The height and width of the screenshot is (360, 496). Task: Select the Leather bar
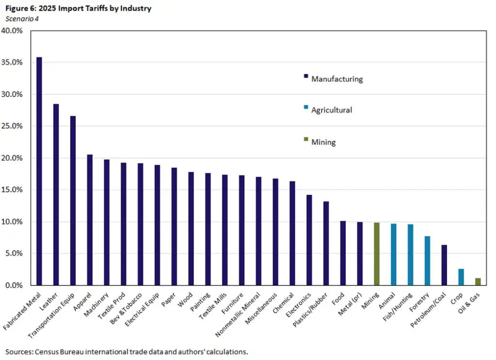56,194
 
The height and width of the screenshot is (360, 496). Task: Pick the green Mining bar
376,254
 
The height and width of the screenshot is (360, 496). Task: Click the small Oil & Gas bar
478,282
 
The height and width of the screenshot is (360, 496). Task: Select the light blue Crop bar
461,277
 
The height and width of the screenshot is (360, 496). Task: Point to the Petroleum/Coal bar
444,265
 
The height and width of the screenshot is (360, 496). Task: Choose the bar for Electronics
309,240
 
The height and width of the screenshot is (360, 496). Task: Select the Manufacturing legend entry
337,79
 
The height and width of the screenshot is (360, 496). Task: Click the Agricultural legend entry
331,110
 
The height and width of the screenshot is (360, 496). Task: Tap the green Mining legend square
306,140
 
